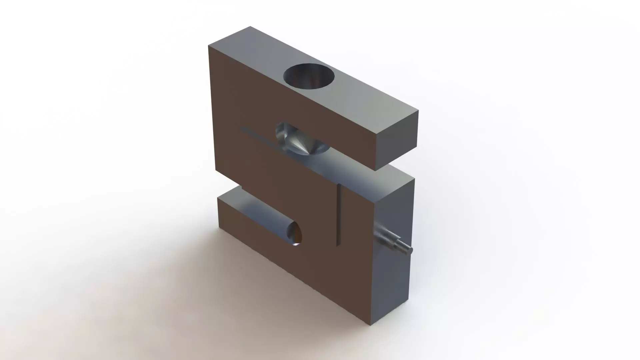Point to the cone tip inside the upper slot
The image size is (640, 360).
coord(305,154)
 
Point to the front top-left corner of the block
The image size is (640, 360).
coord(209,46)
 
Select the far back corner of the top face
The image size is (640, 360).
coord(250,26)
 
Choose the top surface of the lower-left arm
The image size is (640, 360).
coord(247,207)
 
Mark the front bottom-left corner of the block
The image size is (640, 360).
coord(219,229)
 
